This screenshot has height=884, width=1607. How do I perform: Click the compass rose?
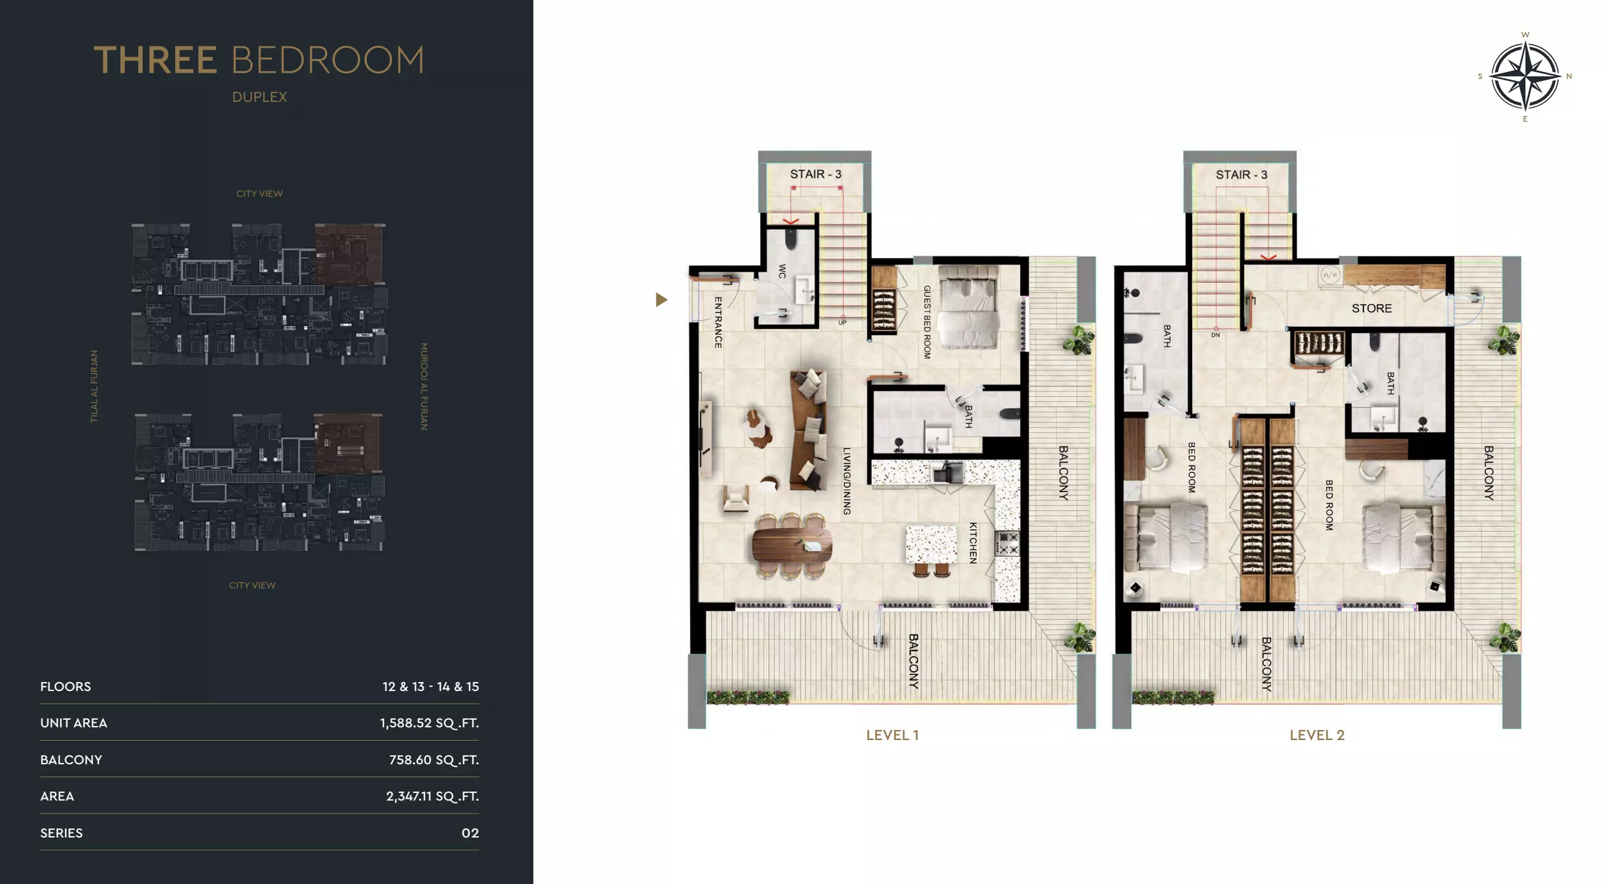tap(1525, 76)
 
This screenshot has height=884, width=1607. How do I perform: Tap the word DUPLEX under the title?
tap(259, 97)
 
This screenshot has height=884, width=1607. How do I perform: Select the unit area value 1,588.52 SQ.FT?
tap(429, 723)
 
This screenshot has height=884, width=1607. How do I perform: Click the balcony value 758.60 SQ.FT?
tap(433, 760)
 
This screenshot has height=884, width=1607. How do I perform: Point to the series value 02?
tap(470, 833)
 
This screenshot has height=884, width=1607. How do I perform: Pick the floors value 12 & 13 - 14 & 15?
tap(430, 687)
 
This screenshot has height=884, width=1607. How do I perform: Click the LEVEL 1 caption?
tap(892, 735)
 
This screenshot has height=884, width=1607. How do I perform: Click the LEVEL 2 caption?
tap(1316, 735)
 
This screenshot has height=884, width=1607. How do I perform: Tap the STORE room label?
tap(1371, 308)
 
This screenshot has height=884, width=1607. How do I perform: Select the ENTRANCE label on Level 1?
tap(718, 322)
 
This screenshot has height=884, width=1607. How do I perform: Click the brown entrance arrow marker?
tap(661, 299)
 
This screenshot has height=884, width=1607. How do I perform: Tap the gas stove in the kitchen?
tap(1007, 543)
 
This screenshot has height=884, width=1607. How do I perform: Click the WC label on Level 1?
tap(782, 271)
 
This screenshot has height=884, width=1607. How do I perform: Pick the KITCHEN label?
tap(973, 543)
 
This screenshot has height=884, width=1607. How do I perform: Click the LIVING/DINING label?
tap(847, 481)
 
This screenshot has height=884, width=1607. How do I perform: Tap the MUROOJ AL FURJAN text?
tap(424, 387)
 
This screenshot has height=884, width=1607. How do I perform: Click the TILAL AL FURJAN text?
tap(94, 386)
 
